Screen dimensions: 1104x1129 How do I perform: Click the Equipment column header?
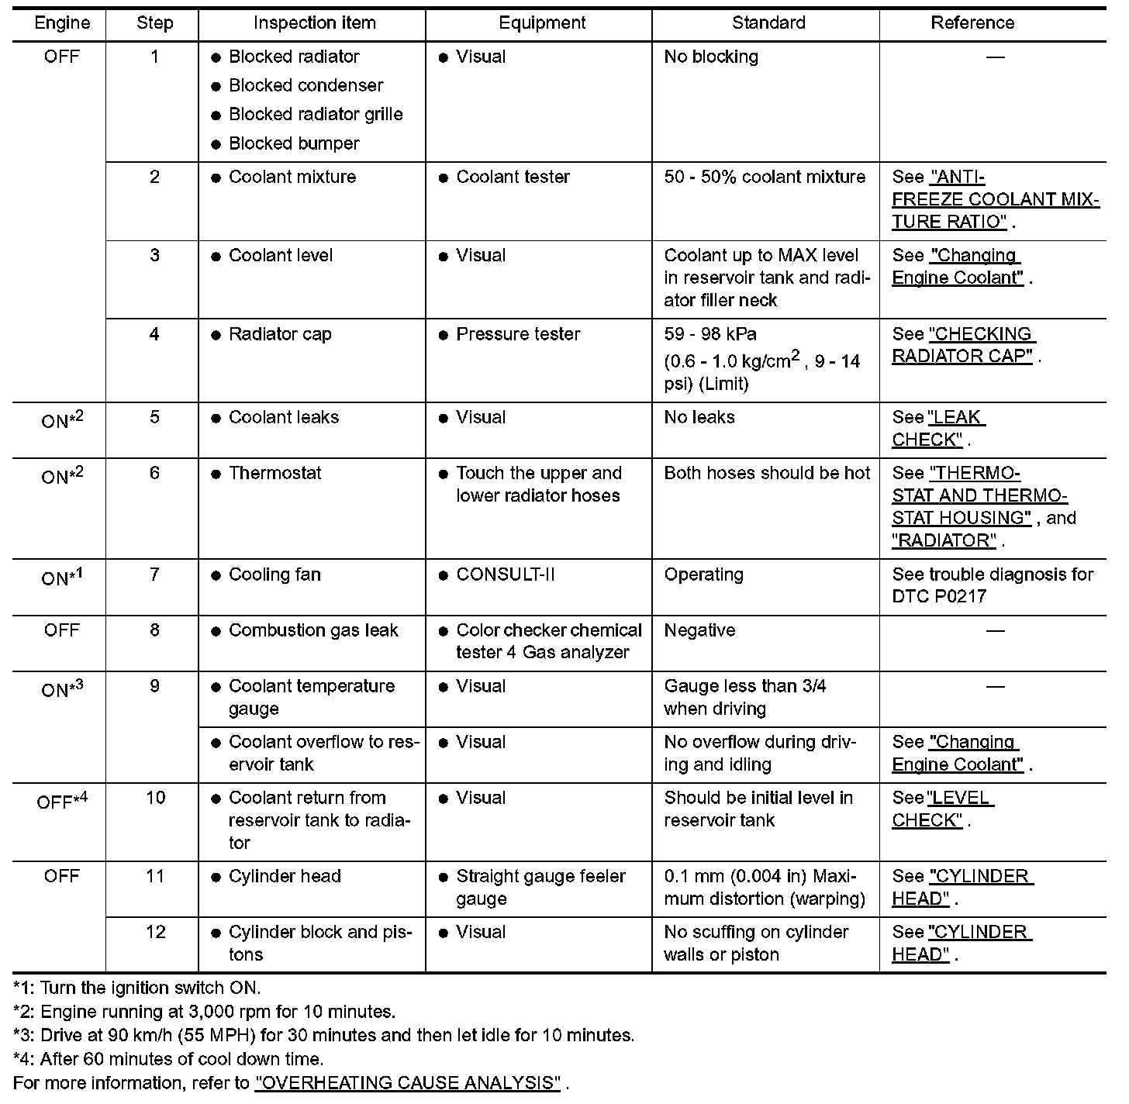coord(542,23)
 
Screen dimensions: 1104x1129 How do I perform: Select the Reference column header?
coord(972,23)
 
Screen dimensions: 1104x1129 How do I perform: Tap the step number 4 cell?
coord(154,334)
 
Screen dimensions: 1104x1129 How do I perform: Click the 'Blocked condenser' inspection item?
coord(306,85)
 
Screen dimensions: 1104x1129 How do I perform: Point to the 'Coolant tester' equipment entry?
coord(513,177)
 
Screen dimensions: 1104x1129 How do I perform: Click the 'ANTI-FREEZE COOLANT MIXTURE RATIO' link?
coord(996,199)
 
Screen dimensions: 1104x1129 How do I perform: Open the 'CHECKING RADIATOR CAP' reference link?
coord(964,345)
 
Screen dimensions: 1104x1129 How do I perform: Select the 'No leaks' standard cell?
coord(699,417)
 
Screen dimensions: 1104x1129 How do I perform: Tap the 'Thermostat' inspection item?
coord(274,473)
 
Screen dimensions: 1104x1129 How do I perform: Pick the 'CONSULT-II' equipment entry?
coord(506,574)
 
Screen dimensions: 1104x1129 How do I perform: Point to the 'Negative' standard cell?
coord(699,630)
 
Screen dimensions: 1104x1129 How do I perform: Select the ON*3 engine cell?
coord(62,688)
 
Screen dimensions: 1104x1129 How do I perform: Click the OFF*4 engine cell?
coord(62,800)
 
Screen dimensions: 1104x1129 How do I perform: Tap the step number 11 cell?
coord(155,876)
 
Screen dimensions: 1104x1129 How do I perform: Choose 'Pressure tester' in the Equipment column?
coord(518,334)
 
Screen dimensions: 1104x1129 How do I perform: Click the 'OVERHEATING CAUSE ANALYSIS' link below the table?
coord(407,1082)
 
